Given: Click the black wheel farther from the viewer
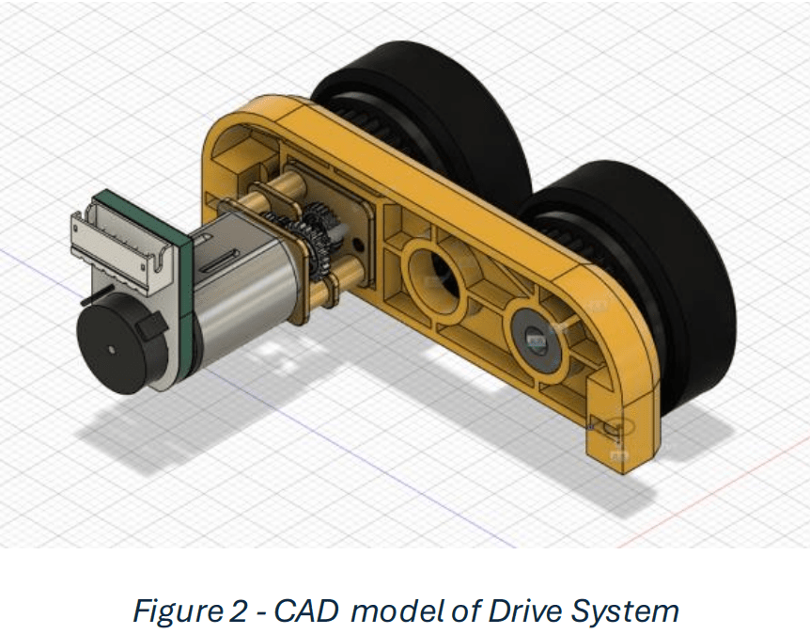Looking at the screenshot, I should (423, 103).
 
